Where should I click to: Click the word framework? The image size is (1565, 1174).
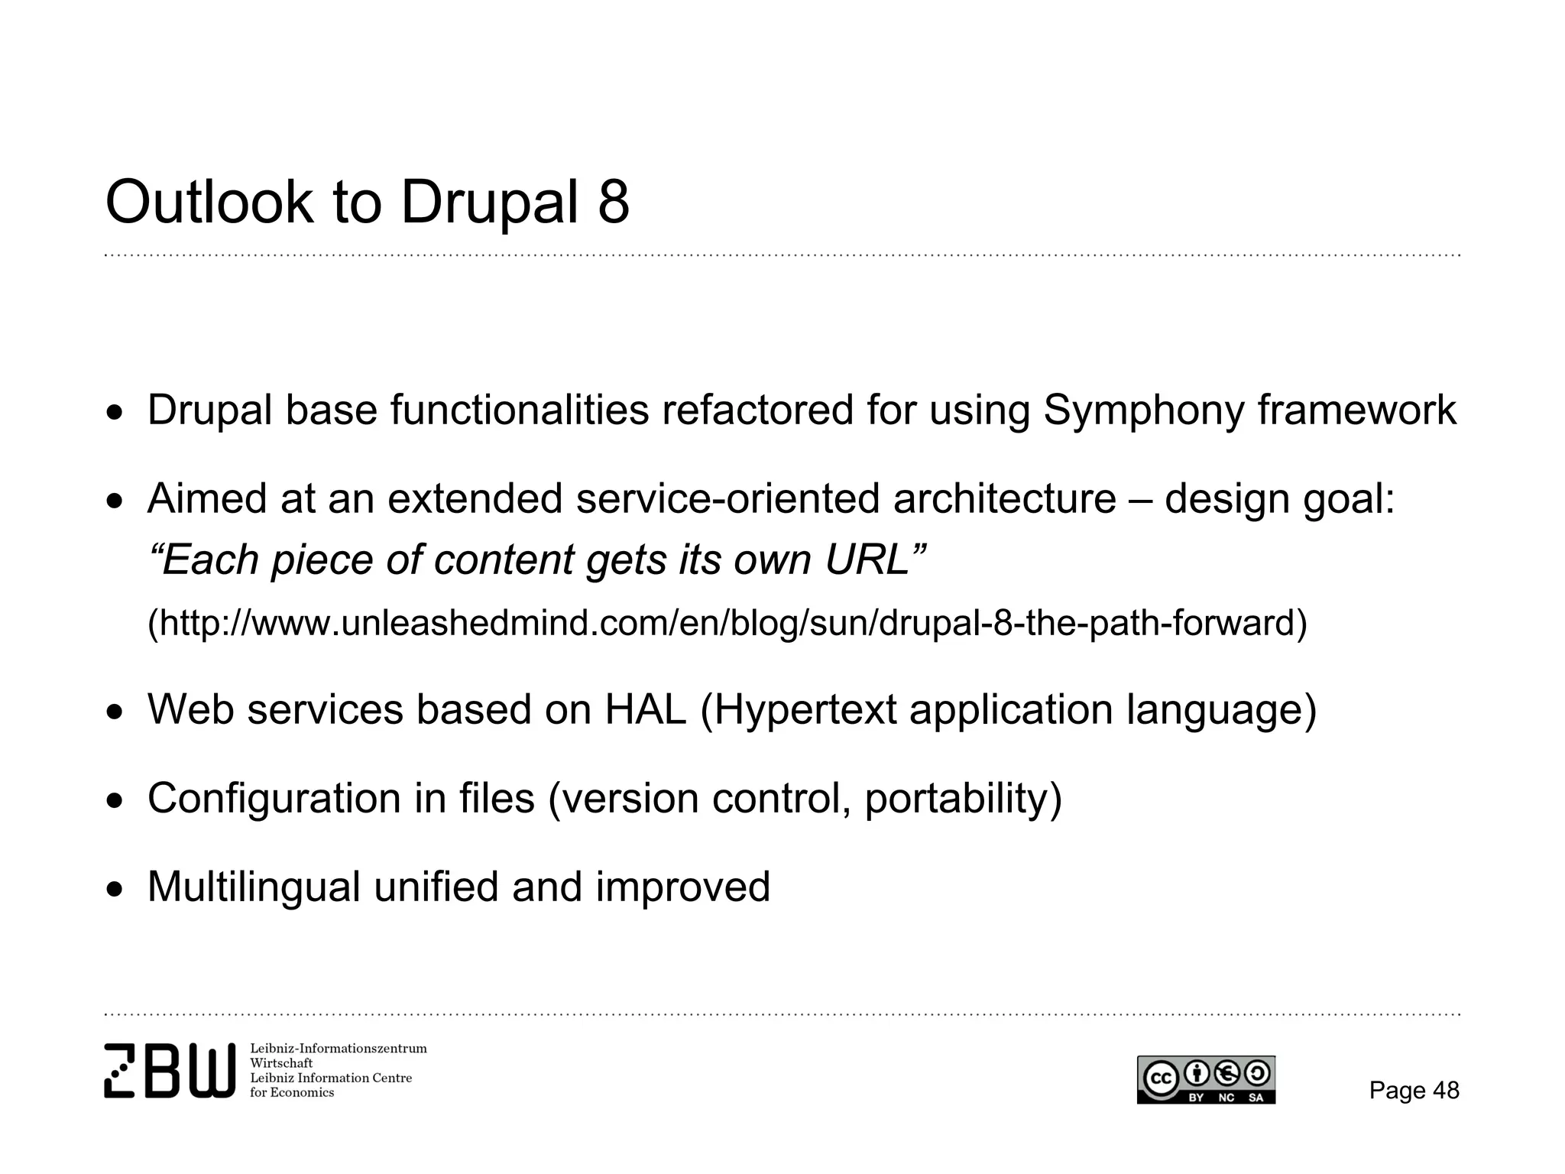pyautogui.click(x=1357, y=410)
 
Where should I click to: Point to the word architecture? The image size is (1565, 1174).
pyautogui.click(x=1004, y=499)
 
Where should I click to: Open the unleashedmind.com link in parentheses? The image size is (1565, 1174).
pyautogui.click(x=727, y=623)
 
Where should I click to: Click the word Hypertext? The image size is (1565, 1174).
pyautogui.click(x=805, y=711)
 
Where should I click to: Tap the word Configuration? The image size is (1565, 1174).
pyautogui.click(x=274, y=799)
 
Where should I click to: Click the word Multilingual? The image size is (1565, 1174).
pyautogui.click(x=253, y=887)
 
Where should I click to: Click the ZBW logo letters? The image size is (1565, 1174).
pyautogui.click(x=170, y=1071)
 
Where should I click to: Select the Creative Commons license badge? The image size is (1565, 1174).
pyautogui.click(x=1206, y=1080)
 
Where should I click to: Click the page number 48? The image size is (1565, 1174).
pyautogui.click(x=1445, y=1090)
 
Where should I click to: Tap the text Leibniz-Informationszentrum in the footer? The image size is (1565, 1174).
pyautogui.click(x=338, y=1049)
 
